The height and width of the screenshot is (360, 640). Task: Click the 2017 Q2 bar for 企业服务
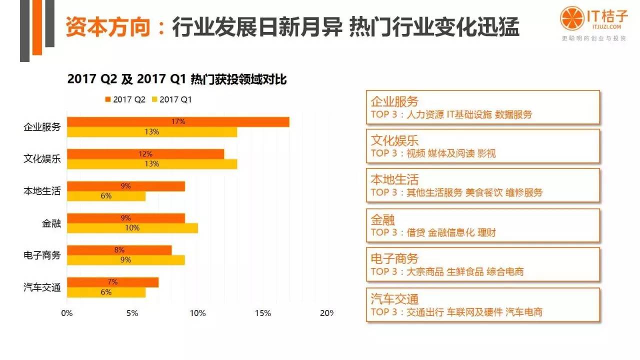178,121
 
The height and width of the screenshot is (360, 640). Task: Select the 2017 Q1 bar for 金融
132,228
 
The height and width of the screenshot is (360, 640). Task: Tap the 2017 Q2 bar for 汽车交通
112,282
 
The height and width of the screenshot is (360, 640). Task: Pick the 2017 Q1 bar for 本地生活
106,196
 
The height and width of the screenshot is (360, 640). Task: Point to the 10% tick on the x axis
197,313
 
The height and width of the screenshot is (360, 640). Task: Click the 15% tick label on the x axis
263,313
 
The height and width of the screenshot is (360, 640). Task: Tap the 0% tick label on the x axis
66,313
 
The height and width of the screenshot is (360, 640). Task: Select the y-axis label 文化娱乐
42,159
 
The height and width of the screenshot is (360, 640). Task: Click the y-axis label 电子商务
42,255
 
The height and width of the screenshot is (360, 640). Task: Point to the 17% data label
178,121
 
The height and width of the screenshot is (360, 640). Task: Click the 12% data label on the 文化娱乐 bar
145,154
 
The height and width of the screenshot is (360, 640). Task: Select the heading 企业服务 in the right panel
394,101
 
